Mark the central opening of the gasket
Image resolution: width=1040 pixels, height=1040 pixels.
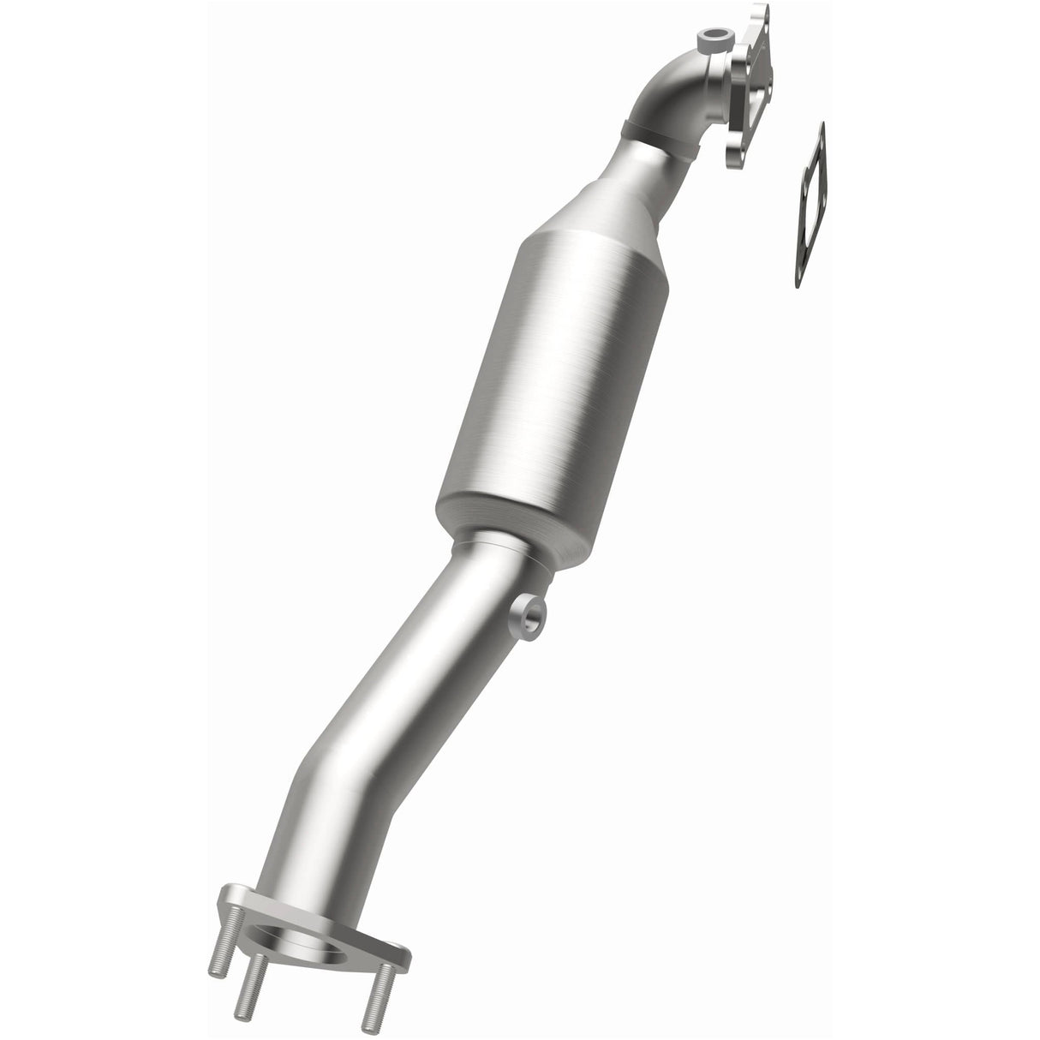coord(810,206)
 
